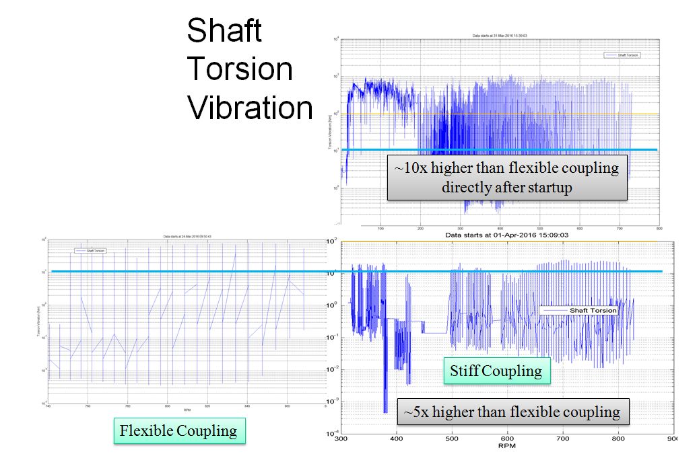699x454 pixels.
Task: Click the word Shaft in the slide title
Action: coord(224,31)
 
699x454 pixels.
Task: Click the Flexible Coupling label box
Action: coord(178,430)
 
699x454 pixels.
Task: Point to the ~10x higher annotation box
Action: coord(507,178)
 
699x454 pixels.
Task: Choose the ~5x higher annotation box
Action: coord(512,412)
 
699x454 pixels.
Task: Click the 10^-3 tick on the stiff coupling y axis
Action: coord(332,401)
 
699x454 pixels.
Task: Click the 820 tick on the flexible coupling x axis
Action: coord(207,407)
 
